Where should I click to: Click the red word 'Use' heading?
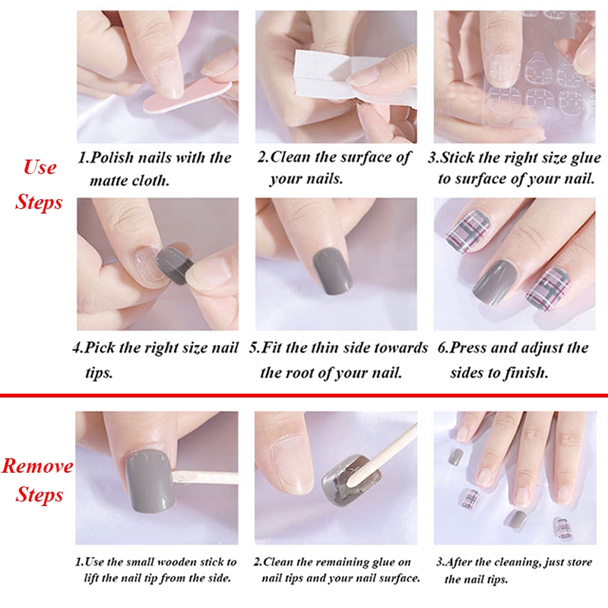coord(40,167)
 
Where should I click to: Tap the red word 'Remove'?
coord(37,465)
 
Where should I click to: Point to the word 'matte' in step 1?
coord(109,181)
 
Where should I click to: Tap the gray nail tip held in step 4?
coord(175,264)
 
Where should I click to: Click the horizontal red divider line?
coord(304,395)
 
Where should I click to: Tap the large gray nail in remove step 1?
coord(151,481)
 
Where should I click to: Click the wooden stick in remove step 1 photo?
coord(205,477)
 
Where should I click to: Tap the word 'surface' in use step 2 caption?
coord(366,157)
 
